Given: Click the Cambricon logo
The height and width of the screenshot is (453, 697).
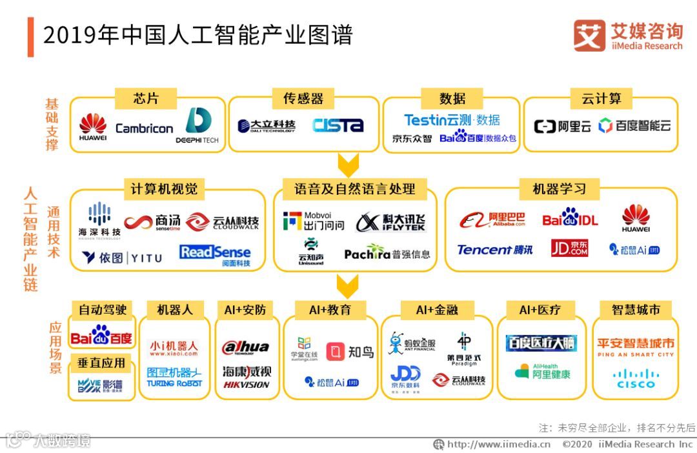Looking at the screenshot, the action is click(x=144, y=128).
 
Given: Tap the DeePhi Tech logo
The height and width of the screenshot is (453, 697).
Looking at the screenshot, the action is click(x=197, y=126).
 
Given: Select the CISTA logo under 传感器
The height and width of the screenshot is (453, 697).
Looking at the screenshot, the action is click(x=338, y=125).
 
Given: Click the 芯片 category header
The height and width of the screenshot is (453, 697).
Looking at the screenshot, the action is click(x=146, y=99).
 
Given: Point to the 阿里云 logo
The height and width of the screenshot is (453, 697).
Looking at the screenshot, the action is click(x=562, y=126).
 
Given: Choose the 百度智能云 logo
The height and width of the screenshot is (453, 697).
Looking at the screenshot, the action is click(x=634, y=126).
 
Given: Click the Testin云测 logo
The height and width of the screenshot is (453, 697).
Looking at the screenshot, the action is click(x=452, y=120).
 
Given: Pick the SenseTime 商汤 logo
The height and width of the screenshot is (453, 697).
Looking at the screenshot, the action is click(x=152, y=223).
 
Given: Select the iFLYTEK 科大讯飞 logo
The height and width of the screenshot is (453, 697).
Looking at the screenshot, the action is click(x=391, y=222).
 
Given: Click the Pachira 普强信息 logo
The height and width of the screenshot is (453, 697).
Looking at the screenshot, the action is click(x=387, y=254).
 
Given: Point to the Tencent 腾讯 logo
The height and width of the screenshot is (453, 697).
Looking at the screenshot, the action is click(x=494, y=250).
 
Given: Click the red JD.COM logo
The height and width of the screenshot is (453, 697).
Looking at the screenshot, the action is click(x=569, y=248).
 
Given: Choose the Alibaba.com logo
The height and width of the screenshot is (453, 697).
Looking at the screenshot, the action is click(x=492, y=220).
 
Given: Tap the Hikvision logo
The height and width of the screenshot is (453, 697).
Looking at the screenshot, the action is click(x=246, y=377).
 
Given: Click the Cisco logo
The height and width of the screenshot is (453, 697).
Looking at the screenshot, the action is click(x=635, y=378).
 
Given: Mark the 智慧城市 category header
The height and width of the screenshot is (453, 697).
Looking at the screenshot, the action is click(x=636, y=310).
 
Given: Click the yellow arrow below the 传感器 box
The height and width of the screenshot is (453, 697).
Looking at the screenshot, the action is click(x=348, y=166).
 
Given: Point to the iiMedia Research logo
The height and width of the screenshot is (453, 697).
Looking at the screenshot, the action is click(x=627, y=35).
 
